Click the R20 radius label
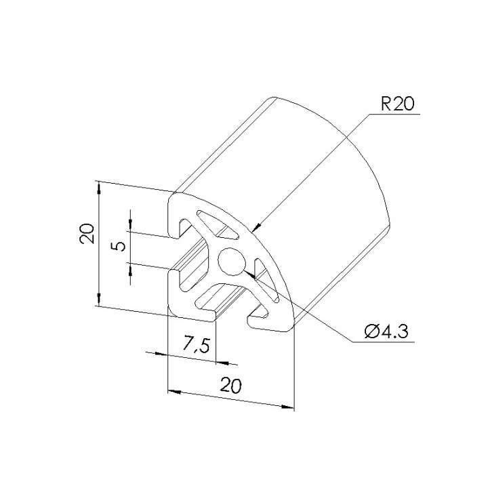pyautogui.click(x=397, y=104)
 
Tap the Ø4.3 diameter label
pyautogui.click(x=386, y=331)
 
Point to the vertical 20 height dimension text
pyautogui.click(x=87, y=233)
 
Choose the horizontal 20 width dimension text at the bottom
pyautogui.click(x=230, y=385)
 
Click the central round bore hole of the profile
pyautogui.click(x=232, y=262)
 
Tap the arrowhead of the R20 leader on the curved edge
pyautogui.click(x=257, y=226)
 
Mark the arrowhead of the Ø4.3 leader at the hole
pyautogui.click(x=251, y=274)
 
